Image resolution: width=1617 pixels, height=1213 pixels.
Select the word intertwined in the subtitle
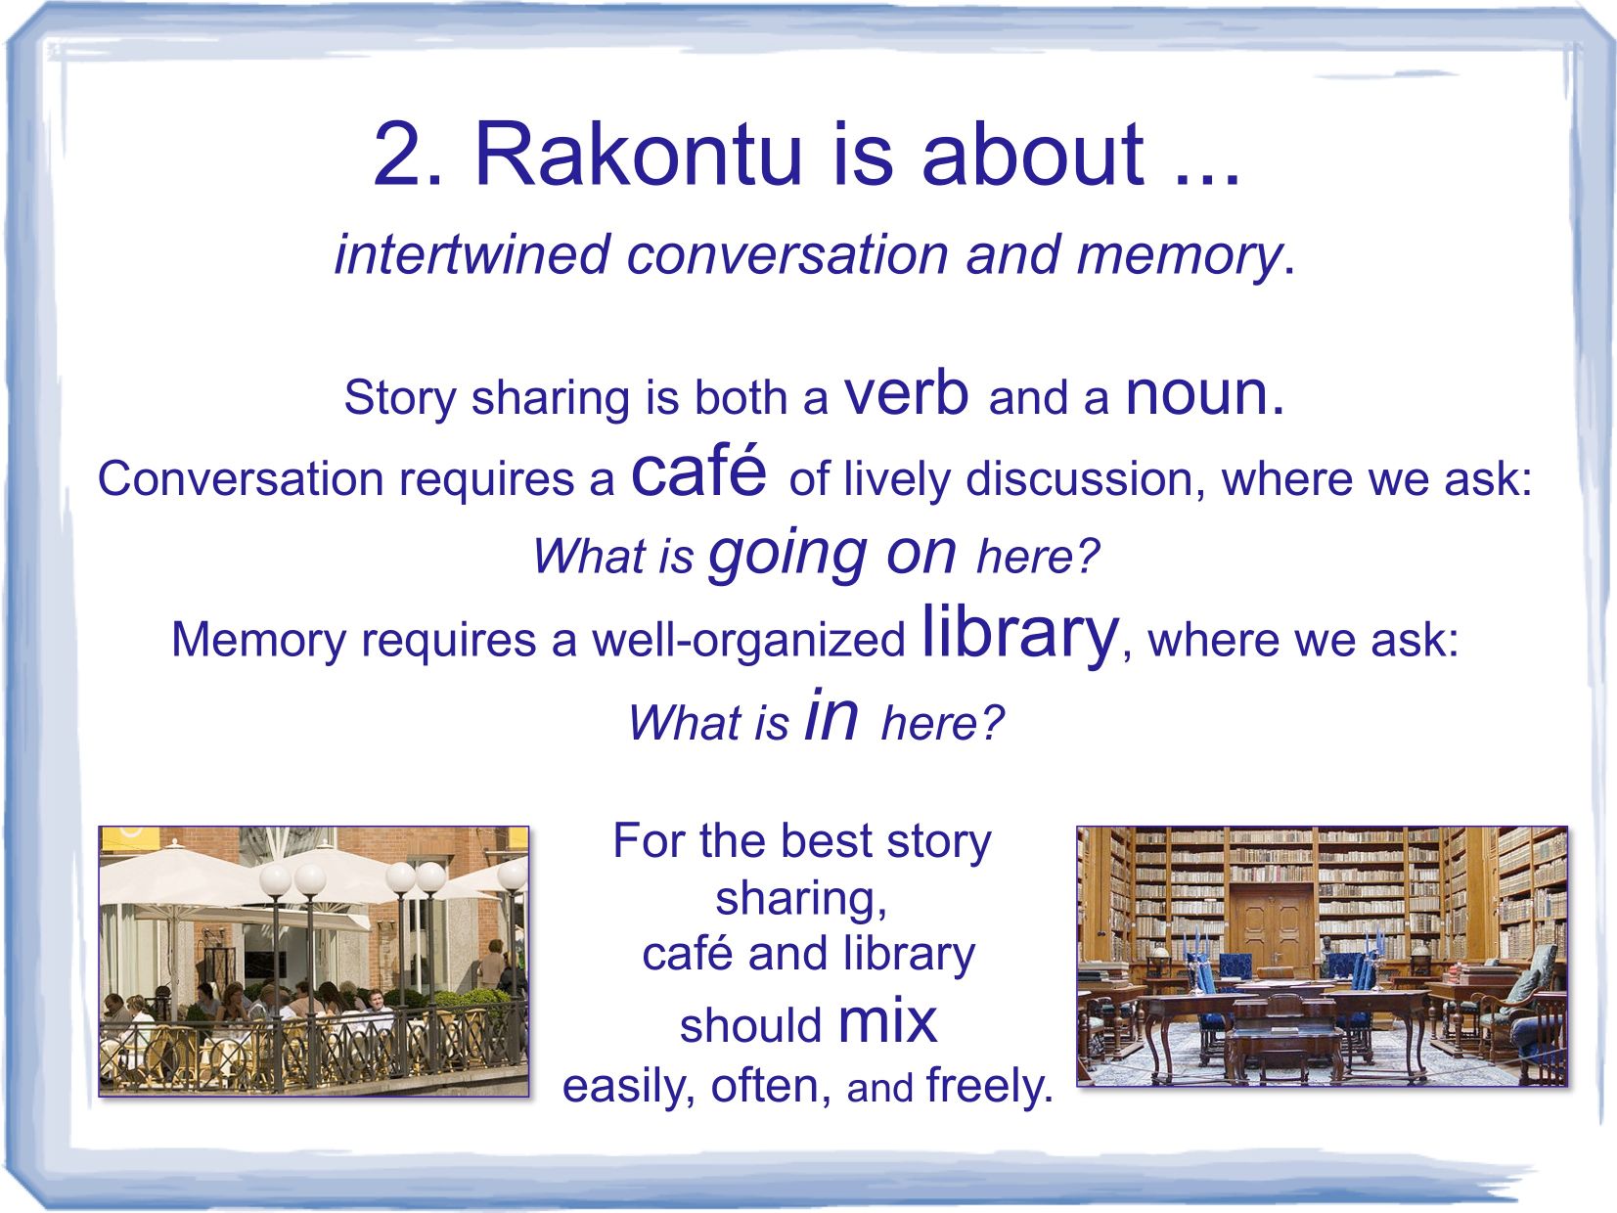click(x=472, y=254)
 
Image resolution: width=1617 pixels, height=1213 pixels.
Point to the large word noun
click(x=1204, y=394)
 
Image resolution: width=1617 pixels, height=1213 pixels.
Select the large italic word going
click(x=786, y=555)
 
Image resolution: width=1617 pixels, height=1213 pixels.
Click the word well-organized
click(x=748, y=640)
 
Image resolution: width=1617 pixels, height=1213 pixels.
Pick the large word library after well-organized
click(x=1019, y=633)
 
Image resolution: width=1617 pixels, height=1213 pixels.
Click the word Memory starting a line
click(x=258, y=640)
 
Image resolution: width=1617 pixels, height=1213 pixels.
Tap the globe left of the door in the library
click(x=1161, y=954)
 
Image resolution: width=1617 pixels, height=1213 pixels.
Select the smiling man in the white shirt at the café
click(x=378, y=1007)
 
